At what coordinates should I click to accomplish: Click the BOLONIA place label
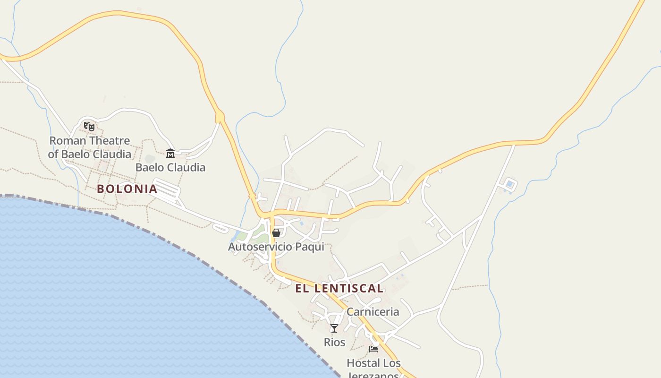click(x=127, y=189)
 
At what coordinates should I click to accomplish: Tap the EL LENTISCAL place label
click(x=339, y=288)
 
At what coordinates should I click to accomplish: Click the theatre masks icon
click(x=89, y=126)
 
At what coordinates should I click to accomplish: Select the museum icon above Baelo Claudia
click(x=170, y=153)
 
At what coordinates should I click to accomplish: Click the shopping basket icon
click(x=276, y=233)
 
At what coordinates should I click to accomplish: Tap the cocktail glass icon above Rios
click(x=334, y=328)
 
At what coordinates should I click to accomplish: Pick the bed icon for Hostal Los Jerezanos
click(x=373, y=349)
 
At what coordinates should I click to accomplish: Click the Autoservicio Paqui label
click(x=276, y=247)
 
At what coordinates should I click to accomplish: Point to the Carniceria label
click(x=373, y=312)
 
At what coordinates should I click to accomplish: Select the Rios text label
click(x=334, y=342)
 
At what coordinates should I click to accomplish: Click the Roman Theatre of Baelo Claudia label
click(x=90, y=147)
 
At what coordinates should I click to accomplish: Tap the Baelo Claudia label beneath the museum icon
click(x=170, y=167)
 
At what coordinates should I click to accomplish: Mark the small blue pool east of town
click(x=510, y=184)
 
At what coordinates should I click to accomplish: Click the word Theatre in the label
click(x=109, y=141)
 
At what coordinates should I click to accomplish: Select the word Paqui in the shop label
click(x=310, y=247)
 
